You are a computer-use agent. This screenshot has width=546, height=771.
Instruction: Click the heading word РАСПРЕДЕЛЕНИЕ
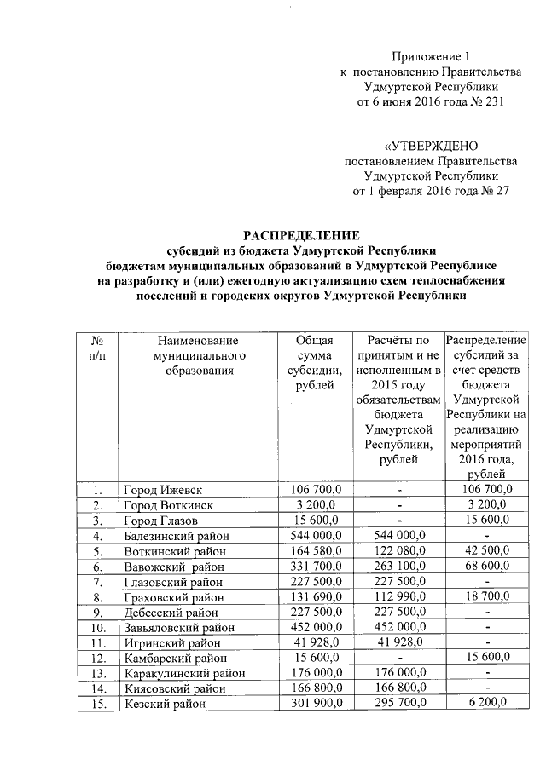point(302,234)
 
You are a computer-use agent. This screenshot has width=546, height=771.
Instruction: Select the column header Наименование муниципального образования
point(195,355)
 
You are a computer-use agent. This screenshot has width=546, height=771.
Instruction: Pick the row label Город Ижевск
point(163,490)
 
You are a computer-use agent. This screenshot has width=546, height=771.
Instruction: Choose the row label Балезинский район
point(178,536)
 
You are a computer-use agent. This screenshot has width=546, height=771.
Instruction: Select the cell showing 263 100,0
point(396,567)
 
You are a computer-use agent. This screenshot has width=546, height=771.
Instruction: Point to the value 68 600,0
point(485,567)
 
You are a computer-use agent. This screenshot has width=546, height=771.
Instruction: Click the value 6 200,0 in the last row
point(485,703)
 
